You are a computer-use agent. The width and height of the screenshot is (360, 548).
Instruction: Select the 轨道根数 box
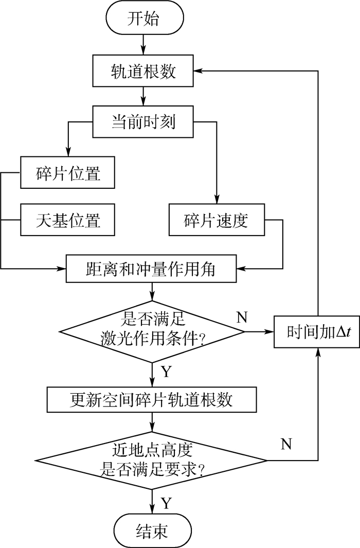(x=143, y=71)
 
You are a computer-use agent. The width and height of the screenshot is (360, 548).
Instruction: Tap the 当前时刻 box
(x=143, y=121)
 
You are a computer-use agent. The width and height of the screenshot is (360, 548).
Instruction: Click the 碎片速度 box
(x=216, y=220)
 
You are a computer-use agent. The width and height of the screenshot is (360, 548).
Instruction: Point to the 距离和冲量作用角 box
(x=152, y=268)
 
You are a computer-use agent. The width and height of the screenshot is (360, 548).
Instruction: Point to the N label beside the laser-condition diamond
(x=241, y=317)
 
